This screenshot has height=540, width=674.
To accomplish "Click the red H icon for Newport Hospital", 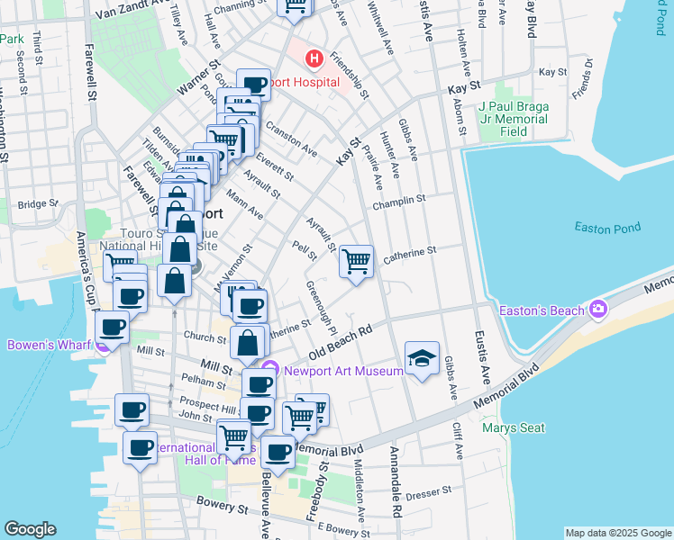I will coord(314,59).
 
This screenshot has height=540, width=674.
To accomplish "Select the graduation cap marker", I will coord(422,359).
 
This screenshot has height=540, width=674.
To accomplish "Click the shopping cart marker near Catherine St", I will coord(357,262).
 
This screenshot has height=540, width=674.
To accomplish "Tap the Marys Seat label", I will coord(514,427).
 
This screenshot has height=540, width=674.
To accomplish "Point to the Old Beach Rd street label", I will coord(341,343).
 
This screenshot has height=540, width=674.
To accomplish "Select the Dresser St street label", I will coord(428,494).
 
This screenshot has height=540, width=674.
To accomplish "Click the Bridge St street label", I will coord(37,204).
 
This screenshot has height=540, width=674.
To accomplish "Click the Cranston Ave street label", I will coord(290,138).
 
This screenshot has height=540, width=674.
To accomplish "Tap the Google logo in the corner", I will coord(30,528).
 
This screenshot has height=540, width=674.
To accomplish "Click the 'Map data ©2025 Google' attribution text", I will coord(617,533).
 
